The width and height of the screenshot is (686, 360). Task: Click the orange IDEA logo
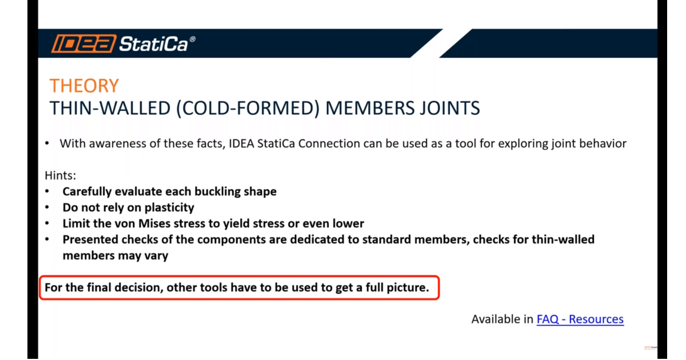tap(83, 43)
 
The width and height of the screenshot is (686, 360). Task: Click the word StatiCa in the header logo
tap(153, 44)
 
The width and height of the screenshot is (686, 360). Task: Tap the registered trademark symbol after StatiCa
tap(192, 39)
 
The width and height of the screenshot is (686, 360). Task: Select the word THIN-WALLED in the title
tap(110, 108)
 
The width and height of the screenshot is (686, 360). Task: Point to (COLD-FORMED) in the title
tap(248, 109)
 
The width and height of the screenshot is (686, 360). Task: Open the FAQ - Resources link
tap(580, 319)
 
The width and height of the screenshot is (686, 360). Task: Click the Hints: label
tap(61, 175)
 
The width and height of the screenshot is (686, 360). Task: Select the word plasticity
tap(169, 207)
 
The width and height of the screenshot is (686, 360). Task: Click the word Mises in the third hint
tap(154, 223)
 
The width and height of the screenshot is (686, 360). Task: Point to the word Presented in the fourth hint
tap(90, 239)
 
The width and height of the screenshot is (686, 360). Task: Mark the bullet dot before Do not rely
tap(47, 207)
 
